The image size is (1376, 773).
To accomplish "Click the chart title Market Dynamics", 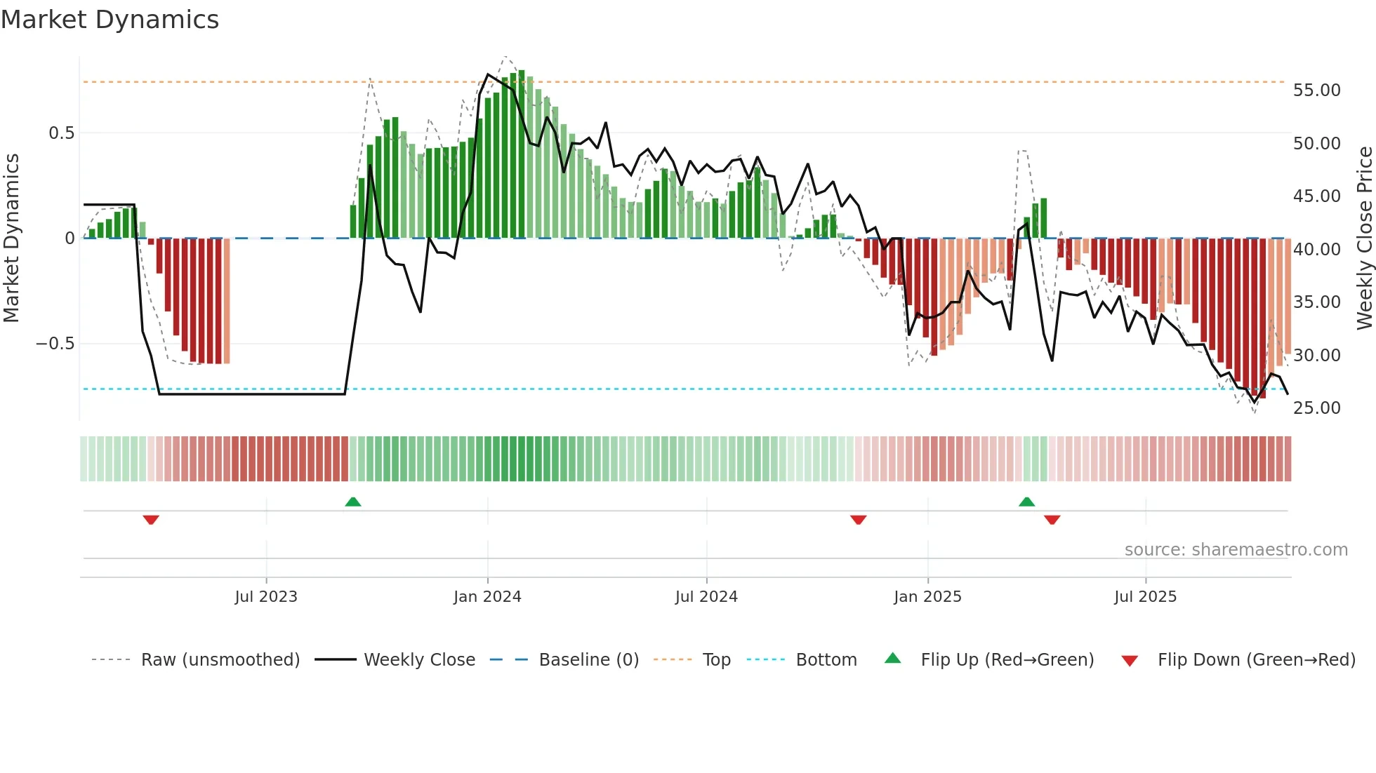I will click(110, 20).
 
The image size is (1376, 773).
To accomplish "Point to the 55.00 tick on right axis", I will click(1316, 90).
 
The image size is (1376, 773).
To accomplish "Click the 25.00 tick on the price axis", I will click(1316, 408).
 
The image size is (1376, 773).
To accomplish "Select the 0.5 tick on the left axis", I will click(61, 133).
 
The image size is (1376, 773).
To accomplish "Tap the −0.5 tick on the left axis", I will click(55, 344).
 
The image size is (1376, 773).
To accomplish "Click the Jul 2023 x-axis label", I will click(266, 597).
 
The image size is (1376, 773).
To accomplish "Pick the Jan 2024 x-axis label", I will click(487, 597).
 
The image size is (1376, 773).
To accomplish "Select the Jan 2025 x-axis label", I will click(927, 597).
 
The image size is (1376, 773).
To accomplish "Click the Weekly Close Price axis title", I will click(1364, 238).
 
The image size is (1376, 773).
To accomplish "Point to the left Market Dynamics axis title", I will click(11, 238).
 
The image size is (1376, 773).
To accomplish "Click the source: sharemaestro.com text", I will click(1236, 550).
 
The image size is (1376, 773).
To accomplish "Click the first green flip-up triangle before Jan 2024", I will click(353, 502).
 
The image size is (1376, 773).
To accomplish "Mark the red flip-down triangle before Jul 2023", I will click(151, 519).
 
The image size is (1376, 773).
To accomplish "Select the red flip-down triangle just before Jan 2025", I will click(858, 519).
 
